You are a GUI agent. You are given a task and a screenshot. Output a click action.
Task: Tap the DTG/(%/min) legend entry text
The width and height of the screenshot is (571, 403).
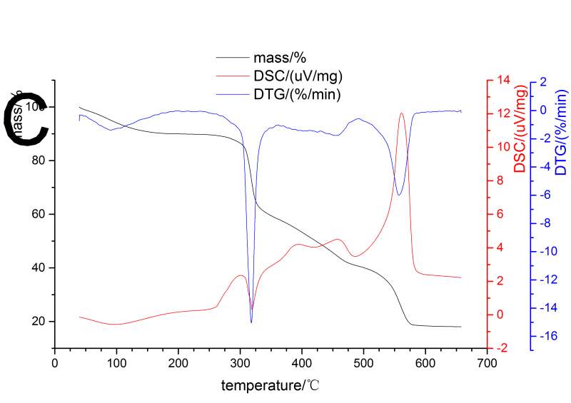[x=296, y=94]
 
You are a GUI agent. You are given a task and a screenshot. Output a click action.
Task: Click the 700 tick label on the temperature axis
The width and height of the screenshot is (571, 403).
[x=487, y=362]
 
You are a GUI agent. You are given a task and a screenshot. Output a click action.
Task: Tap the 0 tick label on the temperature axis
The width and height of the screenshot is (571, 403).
[x=55, y=362]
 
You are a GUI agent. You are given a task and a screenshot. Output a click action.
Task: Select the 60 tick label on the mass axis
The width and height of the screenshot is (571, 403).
[x=39, y=214]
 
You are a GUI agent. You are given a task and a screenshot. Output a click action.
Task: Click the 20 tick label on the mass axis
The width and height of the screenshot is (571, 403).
[x=39, y=321]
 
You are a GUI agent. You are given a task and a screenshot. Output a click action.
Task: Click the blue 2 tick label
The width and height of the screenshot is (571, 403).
[x=542, y=82]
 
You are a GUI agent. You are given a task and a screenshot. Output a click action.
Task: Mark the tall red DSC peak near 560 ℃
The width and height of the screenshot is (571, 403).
[x=402, y=113]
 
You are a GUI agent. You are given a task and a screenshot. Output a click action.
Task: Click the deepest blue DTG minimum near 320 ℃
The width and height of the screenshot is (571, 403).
[x=251, y=322]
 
